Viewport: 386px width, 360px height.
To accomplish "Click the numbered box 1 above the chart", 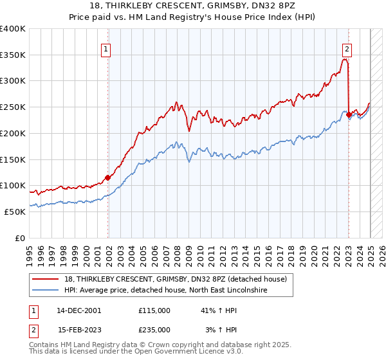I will coord(105,48).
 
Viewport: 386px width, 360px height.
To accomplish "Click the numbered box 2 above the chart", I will coord(347,48).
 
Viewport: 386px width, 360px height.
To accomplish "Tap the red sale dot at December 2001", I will coord(107,177).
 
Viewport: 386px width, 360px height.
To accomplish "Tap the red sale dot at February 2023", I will coord(349,114).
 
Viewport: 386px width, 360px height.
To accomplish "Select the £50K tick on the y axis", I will coord(15,211).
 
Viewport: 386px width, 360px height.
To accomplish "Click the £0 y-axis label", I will coord(21,237).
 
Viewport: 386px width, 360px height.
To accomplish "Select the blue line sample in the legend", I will coord(45,291).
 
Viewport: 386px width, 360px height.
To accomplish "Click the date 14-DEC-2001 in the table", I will coord(78,310).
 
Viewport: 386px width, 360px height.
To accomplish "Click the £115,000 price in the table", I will coord(154,310).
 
